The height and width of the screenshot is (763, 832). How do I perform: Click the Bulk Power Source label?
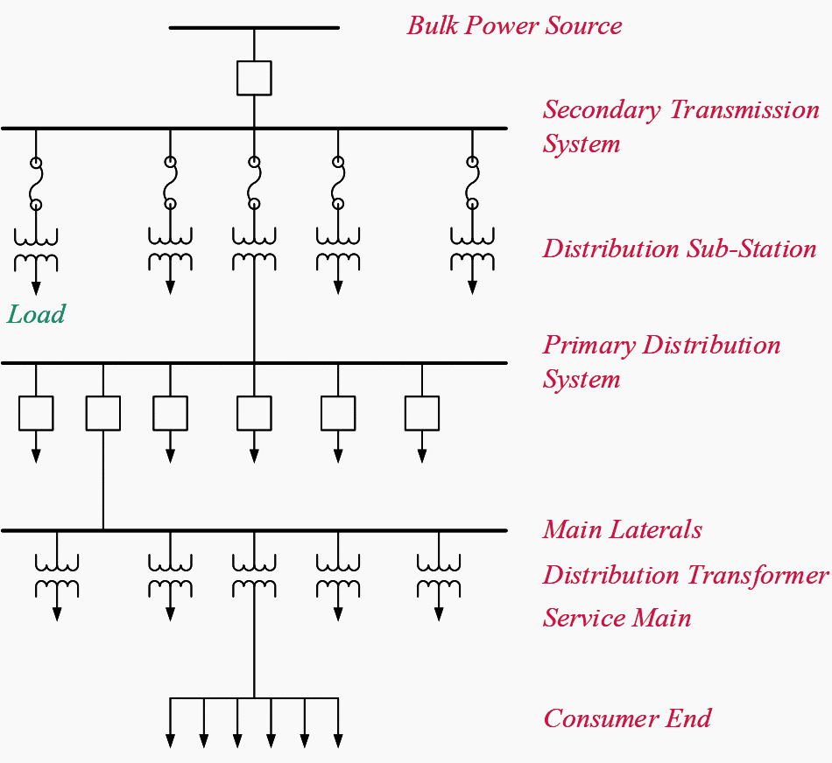pyautogui.click(x=514, y=25)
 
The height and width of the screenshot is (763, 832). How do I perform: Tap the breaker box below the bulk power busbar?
pyautogui.click(x=254, y=78)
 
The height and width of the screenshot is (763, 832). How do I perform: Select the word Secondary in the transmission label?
pyautogui.click(x=602, y=110)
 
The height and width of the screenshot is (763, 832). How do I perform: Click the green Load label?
pyautogui.click(x=36, y=314)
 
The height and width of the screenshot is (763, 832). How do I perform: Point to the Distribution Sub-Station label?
pyautogui.click(x=679, y=248)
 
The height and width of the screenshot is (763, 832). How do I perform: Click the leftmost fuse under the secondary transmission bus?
pyautogui.click(x=36, y=184)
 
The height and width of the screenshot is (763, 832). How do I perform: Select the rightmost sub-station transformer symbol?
pyautogui.click(x=472, y=248)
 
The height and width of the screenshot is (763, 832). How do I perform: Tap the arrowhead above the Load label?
pyautogui.click(x=36, y=287)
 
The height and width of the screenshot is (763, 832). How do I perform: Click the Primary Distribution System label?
pyautogui.click(x=661, y=361)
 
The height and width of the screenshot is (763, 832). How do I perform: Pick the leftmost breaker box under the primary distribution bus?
pyautogui.click(x=36, y=413)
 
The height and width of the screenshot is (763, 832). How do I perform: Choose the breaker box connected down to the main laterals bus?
pyautogui.click(x=103, y=413)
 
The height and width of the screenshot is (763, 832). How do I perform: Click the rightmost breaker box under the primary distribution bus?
pyautogui.click(x=422, y=413)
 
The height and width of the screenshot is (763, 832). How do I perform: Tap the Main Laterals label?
pyautogui.click(x=622, y=530)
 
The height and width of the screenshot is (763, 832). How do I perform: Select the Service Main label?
pyautogui.click(x=617, y=619)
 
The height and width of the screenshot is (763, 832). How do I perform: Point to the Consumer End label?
pyautogui.click(x=627, y=719)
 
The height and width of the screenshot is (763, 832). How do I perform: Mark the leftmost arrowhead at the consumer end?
pyautogui.click(x=171, y=741)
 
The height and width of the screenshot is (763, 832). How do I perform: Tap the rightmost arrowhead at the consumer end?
pyautogui.click(x=338, y=741)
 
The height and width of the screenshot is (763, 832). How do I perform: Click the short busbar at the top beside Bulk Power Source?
pyautogui.click(x=254, y=28)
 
